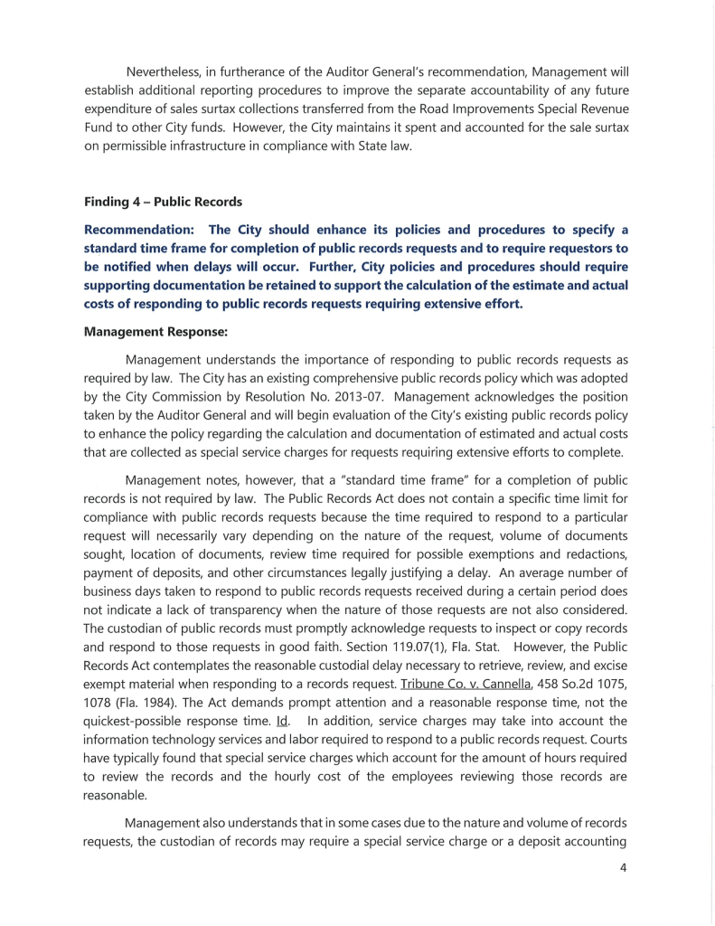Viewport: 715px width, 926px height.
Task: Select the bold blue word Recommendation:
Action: tap(138, 230)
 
